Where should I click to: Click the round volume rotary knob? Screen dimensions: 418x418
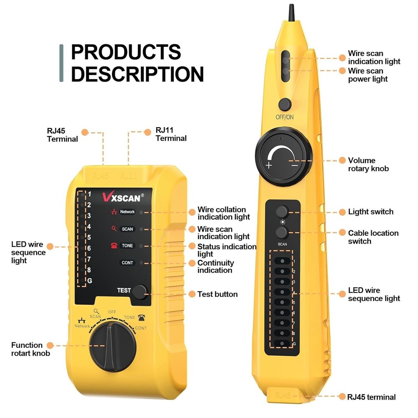pos(283,160)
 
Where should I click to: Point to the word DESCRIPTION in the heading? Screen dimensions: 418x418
pos(137,74)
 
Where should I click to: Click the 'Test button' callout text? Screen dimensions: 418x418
pos(217,294)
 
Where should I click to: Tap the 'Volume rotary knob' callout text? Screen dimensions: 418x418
pos(368,164)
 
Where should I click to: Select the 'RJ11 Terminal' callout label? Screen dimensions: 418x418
pos(171,134)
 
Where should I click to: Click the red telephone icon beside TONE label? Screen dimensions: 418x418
pos(114,245)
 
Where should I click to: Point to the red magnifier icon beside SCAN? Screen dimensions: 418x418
pos(114,229)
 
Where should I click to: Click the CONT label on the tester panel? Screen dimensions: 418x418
pos(127,263)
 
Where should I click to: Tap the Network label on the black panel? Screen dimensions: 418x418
pos(127,212)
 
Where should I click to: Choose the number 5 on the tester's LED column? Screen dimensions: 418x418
pos(89,237)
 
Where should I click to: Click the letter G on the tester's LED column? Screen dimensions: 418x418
pos(89,280)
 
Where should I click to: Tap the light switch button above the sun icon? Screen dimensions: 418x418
pos(283,211)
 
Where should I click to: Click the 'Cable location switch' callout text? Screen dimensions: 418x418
pos(373,237)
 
